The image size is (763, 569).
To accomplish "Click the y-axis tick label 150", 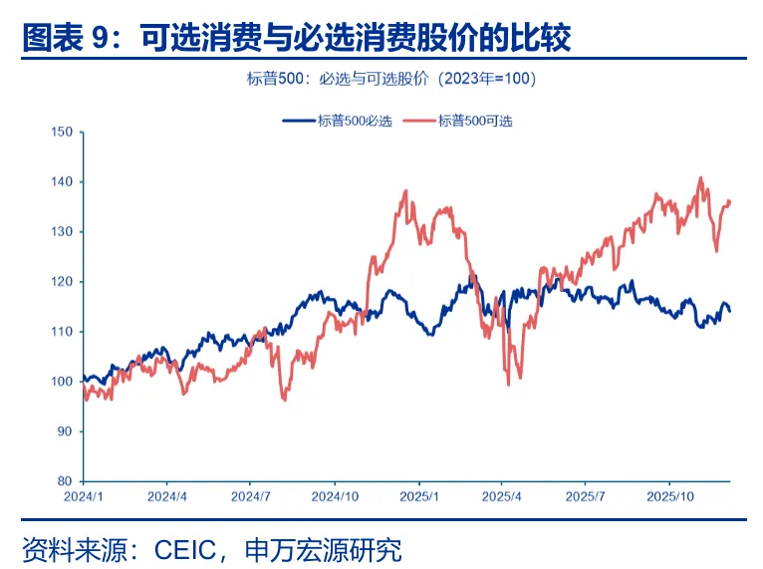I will click(x=63, y=132).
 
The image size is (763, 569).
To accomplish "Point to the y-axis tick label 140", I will click(x=63, y=181).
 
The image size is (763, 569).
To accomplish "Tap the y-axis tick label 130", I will click(x=63, y=231).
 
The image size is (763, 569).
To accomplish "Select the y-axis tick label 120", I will click(x=63, y=281).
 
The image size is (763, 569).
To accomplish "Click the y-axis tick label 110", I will click(x=63, y=331).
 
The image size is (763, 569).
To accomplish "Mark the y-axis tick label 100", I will click(x=63, y=381).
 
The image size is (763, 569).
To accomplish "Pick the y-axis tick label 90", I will click(x=66, y=430).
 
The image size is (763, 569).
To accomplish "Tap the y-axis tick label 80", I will click(x=66, y=480).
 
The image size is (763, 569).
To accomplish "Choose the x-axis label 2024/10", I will click(x=335, y=495).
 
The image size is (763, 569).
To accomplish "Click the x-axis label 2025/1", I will click(x=418, y=495).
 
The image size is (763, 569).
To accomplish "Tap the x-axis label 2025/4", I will click(x=501, y=495).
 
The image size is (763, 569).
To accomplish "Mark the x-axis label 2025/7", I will click(x=585, y=495).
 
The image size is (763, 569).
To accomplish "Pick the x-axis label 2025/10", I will click(x=669, y=495).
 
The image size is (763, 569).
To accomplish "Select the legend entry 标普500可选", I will click(x=475, y=121).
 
